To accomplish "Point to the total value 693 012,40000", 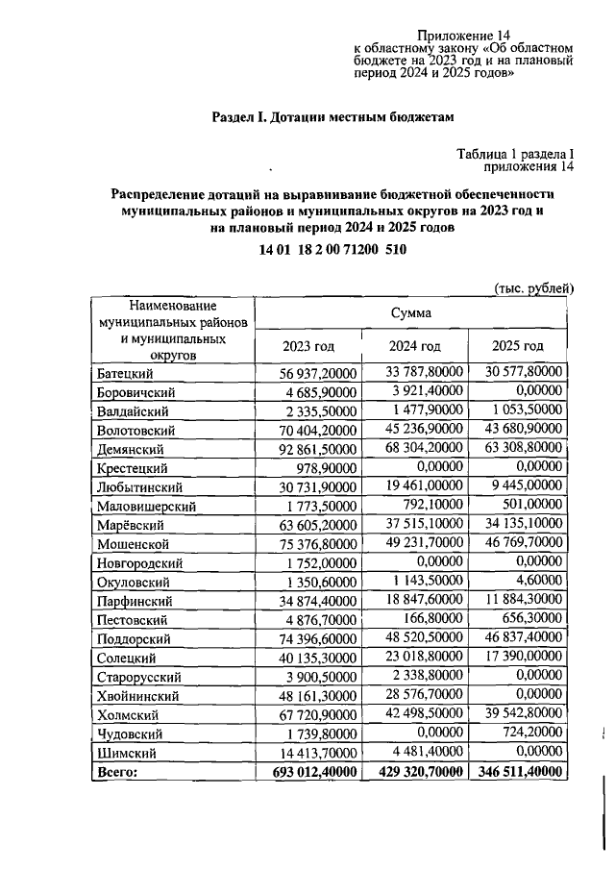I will [311, 771].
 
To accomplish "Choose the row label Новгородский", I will [138, 562].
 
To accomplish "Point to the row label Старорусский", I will [137, 676].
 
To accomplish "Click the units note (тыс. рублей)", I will [534, 287].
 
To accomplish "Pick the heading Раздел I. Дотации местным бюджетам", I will [332, 117].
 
